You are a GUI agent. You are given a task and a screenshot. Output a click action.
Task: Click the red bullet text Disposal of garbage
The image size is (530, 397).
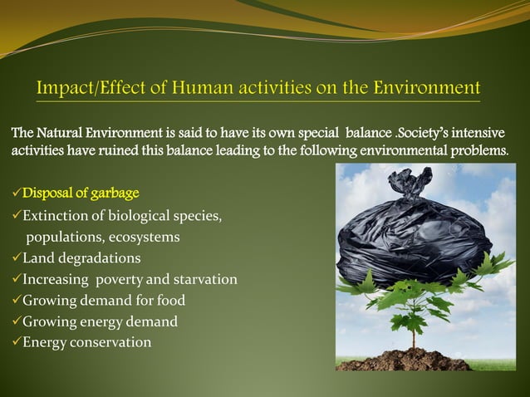(x=81, y=194)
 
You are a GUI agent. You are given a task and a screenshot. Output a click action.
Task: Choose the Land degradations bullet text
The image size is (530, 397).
(x=81, y=258)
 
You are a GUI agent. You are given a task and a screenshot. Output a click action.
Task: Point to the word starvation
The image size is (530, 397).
(x=204, y=279)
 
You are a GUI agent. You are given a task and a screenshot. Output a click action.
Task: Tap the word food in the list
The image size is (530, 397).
(x=169, y=300)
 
